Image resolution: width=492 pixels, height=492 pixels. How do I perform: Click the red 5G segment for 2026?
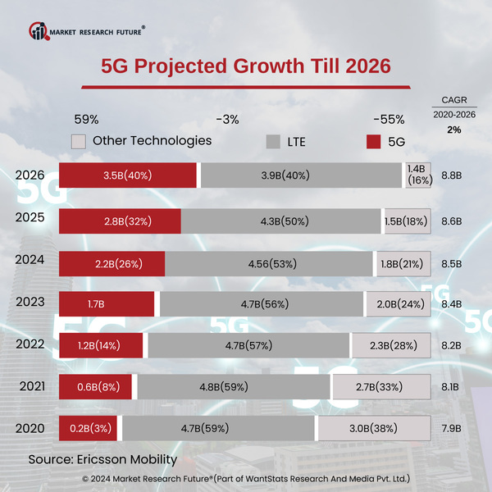click(x=128, y=175)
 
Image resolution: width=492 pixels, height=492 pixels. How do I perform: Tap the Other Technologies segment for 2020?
click(x=374, y=428)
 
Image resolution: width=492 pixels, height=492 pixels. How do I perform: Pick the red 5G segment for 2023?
click(x=107, y=304)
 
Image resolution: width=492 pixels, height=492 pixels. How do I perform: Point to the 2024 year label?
click(x=30, y=258)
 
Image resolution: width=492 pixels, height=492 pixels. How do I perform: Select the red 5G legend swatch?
click(x=373, y=142)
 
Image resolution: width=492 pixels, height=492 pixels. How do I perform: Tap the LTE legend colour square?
click(x=275, y=142)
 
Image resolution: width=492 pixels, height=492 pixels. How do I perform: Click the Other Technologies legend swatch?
click(x=79, y=141)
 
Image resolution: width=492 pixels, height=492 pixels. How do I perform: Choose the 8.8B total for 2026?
click(x=452, y=175)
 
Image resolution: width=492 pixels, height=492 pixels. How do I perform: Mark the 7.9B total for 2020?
click(x=452, y=428)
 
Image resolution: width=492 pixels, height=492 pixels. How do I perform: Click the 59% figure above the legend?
click(x=87, y=119)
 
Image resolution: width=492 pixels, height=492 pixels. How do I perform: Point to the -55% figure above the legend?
click(x=388, y=119)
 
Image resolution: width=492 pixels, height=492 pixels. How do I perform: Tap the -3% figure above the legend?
click(x=227, y=119)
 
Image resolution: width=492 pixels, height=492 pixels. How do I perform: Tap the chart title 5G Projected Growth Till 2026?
click(x=245, y=66)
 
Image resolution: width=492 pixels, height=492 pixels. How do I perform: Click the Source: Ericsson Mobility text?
click(x=102, y=459)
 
